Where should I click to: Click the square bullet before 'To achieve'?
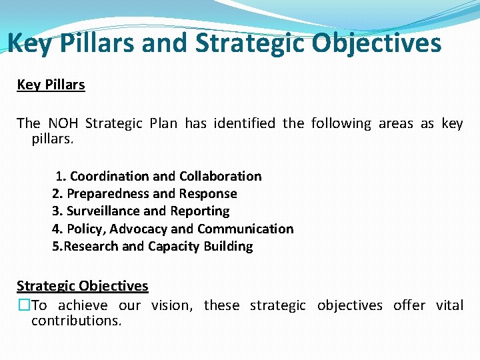coord(23,305)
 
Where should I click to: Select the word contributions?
coord(76,321)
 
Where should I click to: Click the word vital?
coord(449,305)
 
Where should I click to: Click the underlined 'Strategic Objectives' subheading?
coord(83,286)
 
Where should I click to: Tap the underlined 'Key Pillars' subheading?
coord(51,85)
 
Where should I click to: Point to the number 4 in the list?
coord(56,229)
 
